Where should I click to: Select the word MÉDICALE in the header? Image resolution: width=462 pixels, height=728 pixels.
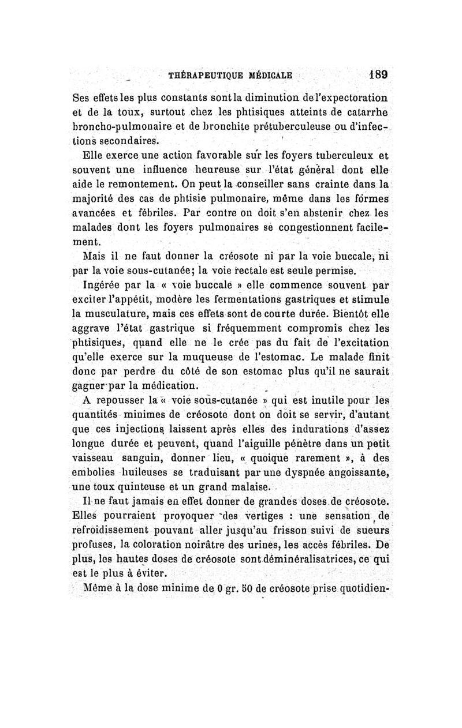coord(270,75)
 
